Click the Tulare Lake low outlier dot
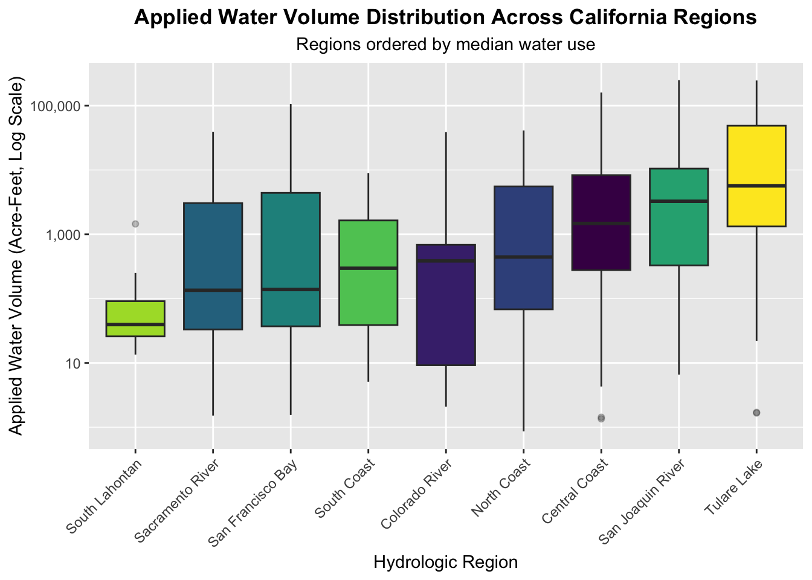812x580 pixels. pyautogui.click(x=756, y=412)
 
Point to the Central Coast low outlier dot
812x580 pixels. pyautogui.click(x=601, y=417)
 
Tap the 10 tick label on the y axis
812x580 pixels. pyautogui.click(x=74, y=363)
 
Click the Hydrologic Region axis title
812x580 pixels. pyautogui.click(x=446, y=562)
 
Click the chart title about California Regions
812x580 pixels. pyautogui.click(x=446, y=18)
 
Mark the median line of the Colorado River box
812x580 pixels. pyautogui.click(x=446, y=261)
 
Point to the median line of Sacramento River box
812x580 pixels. pyautogui.click(x=213, y=291)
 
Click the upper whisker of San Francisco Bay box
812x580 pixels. pyautogui.click(x=291, y=148)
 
